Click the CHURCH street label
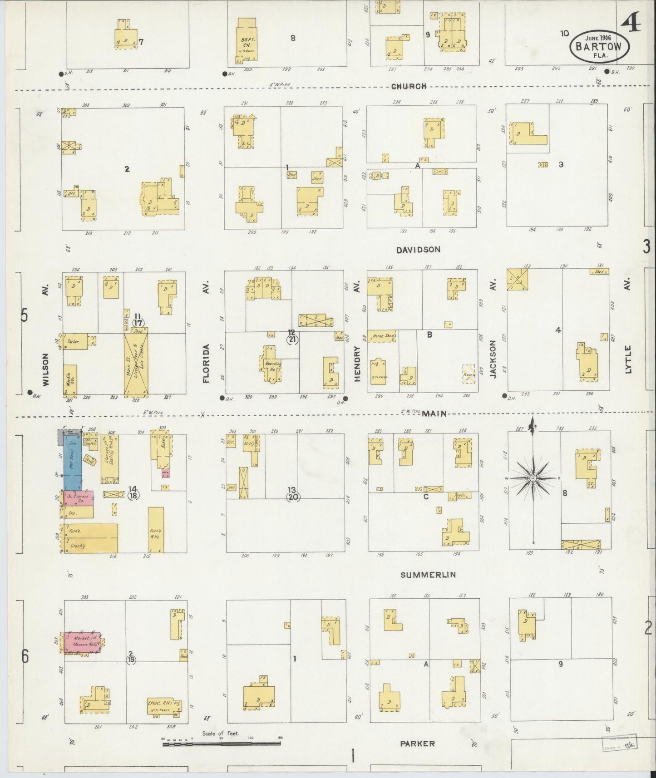[409, 86]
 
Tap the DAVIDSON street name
[418, 250]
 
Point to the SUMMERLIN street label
[428, 575]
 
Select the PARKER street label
[418, 744]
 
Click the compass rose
[533, 478]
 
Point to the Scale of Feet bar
[222, 743]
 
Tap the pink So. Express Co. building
[78, 498]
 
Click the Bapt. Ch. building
[247, 41]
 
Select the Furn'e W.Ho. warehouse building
[156, 530]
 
